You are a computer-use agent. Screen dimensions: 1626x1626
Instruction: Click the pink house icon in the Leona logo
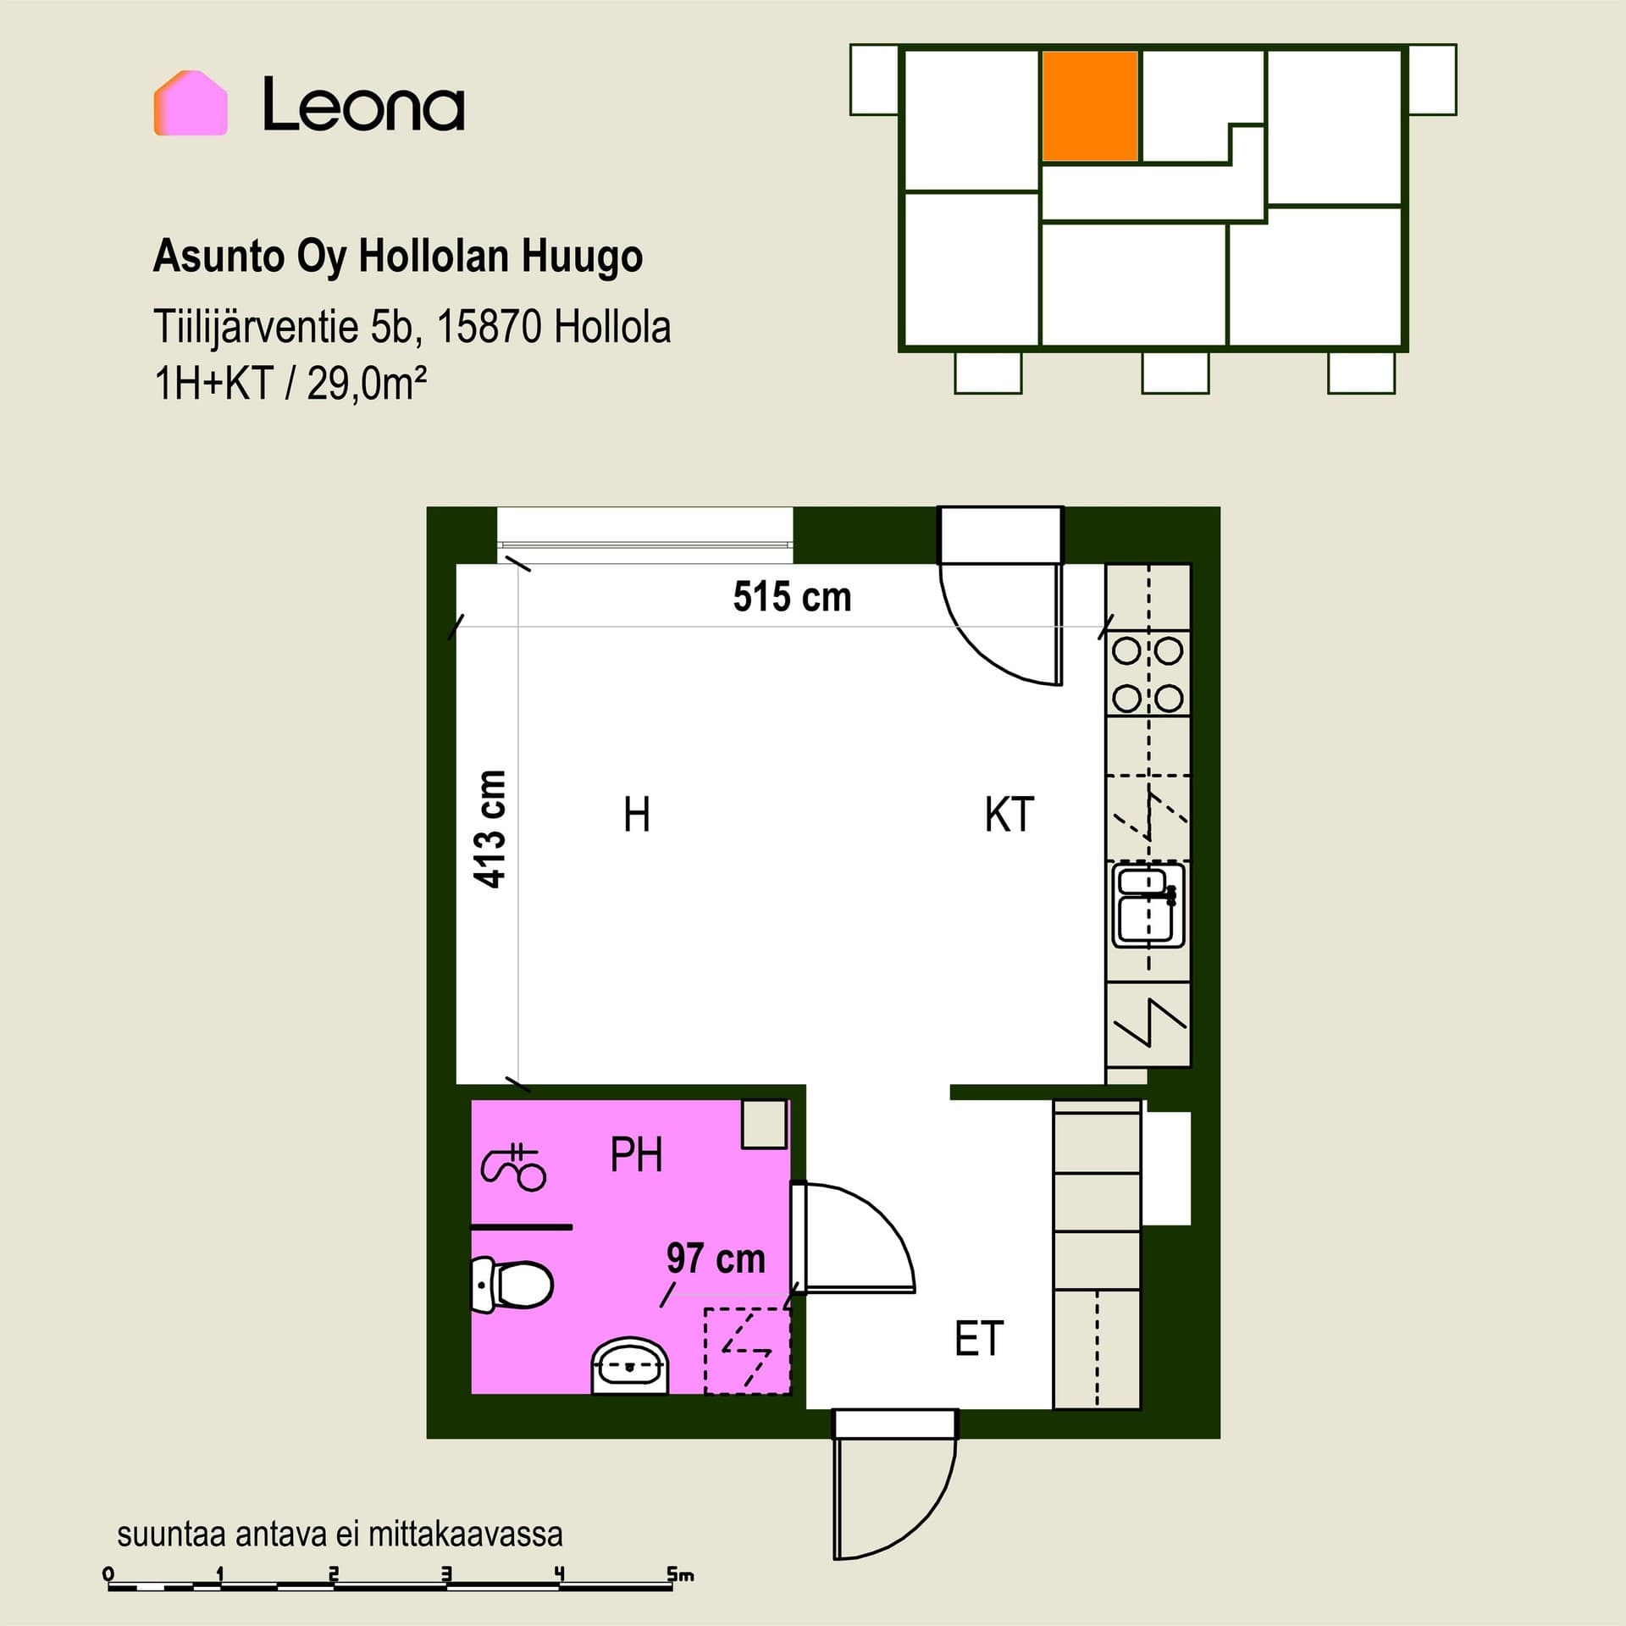pos(191,102)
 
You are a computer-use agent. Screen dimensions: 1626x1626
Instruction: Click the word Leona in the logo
pos(363,104)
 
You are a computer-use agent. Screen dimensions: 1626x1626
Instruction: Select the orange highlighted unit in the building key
pos(1090,106)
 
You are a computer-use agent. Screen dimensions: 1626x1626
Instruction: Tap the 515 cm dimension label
pos(792,597)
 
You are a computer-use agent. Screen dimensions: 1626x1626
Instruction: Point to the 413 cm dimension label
pos(491,829)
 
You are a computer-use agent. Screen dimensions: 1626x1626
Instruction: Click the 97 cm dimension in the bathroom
pos(716,1258)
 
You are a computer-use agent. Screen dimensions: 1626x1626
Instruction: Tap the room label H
pos(637,815)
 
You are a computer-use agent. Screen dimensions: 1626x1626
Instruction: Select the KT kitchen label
pos(1009,815)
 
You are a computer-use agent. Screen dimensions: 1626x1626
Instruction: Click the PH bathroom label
pos(636,1154)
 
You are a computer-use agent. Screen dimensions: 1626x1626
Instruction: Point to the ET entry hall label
pos(979,1339)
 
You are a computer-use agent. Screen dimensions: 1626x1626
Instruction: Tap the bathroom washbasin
pos(630,1365)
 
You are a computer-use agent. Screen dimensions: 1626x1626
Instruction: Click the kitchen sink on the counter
pos(1148,904)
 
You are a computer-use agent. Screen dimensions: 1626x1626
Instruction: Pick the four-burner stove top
pos(1148,675)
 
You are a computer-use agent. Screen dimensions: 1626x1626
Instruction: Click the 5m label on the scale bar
pos(680,1574)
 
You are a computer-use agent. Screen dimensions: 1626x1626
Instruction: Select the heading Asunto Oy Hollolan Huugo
pos(398,257)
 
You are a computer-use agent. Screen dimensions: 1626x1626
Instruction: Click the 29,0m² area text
pos(367,384)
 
